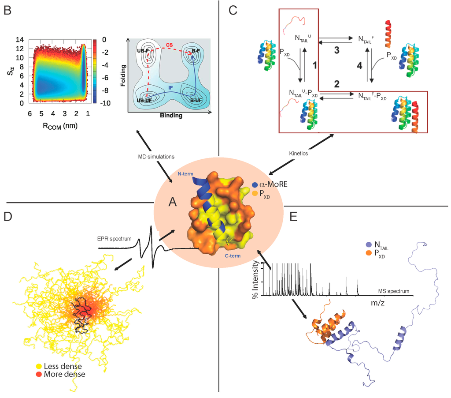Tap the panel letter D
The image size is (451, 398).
(8, 217)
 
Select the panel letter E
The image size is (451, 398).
(293, 217)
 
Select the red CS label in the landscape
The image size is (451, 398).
(169, 45)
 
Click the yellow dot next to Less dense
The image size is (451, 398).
(39, 366)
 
